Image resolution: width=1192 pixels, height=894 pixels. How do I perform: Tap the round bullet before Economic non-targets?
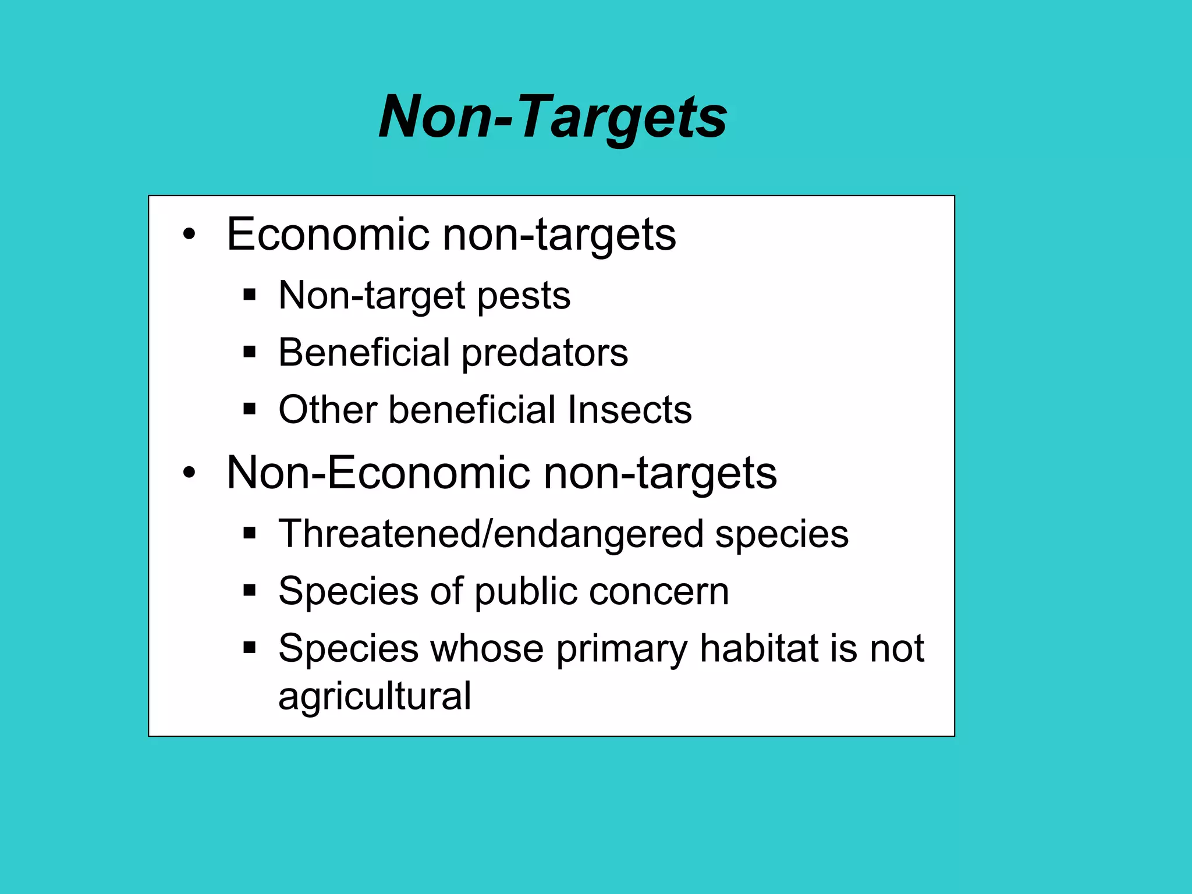(189, 235)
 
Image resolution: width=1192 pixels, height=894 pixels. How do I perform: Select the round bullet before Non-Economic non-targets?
(189, 473)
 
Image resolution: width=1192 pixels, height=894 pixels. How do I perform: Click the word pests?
(523, 296)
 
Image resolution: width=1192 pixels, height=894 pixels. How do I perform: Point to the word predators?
(545, 353)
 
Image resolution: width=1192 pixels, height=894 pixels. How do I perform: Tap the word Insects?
(630, 410)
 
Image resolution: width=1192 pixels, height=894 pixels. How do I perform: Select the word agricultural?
(375, 696)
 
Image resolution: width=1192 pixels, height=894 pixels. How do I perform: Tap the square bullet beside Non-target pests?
(250, 295)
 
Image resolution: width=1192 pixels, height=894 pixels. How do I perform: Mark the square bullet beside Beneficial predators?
(250, 352)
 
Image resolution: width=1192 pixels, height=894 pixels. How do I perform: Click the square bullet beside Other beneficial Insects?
(250, 409)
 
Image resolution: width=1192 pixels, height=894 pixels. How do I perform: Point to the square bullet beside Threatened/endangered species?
(250, 533)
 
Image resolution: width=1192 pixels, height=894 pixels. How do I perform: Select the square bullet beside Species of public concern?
(250, 591)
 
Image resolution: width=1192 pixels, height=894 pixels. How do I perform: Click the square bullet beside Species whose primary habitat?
(250, 648)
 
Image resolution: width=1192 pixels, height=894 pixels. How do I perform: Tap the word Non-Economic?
(378, 473)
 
